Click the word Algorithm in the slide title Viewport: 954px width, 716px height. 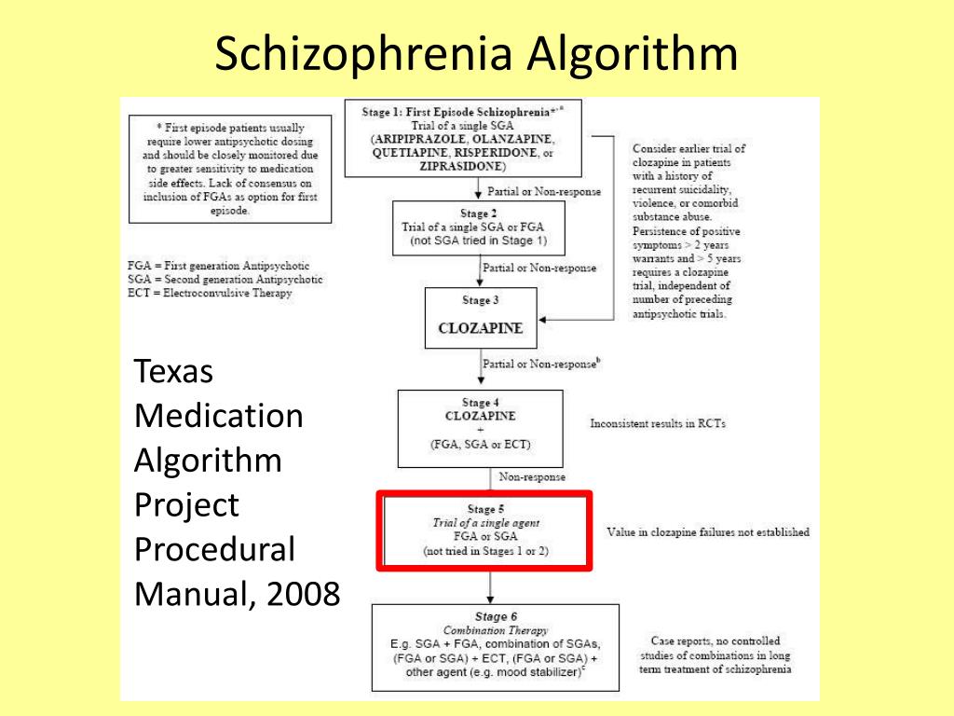[x=632, y=55]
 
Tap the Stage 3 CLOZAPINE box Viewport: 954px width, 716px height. [x=480, y=318]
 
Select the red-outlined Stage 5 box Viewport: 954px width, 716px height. [x=484, y=530]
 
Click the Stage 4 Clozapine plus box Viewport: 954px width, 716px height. [x=480, y=428]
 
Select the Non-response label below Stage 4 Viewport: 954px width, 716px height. [x=532, y=476]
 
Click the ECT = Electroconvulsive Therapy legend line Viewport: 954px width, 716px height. [x=210, y=293]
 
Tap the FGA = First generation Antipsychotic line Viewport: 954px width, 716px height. [x=218, y=266]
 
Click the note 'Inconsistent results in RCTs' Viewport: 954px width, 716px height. [x=658, y=423]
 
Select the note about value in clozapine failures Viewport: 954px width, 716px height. [x=708, y=532]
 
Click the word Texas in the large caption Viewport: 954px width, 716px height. [x=174, y=372]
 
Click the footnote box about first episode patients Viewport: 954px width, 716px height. [x=231, y=169]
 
